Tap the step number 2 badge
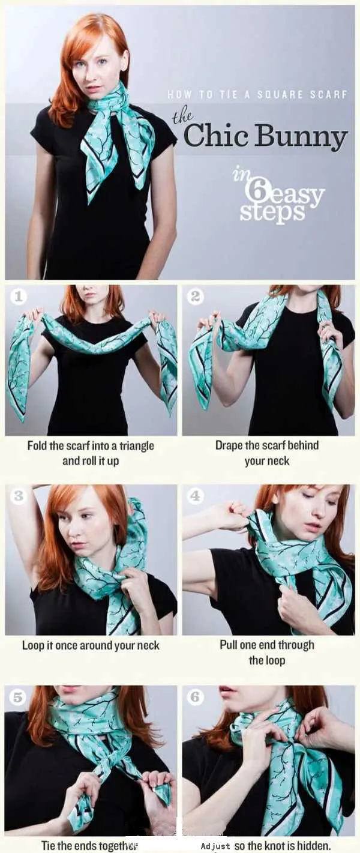(x=195, y=297)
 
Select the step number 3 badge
(x=17, y=496)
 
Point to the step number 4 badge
(x=195, y=496)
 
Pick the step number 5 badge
(x=17, y=698)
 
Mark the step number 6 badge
(x=195, y=697)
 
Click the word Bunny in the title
(x=301, y=138)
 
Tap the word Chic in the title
(x=216, y=135)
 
